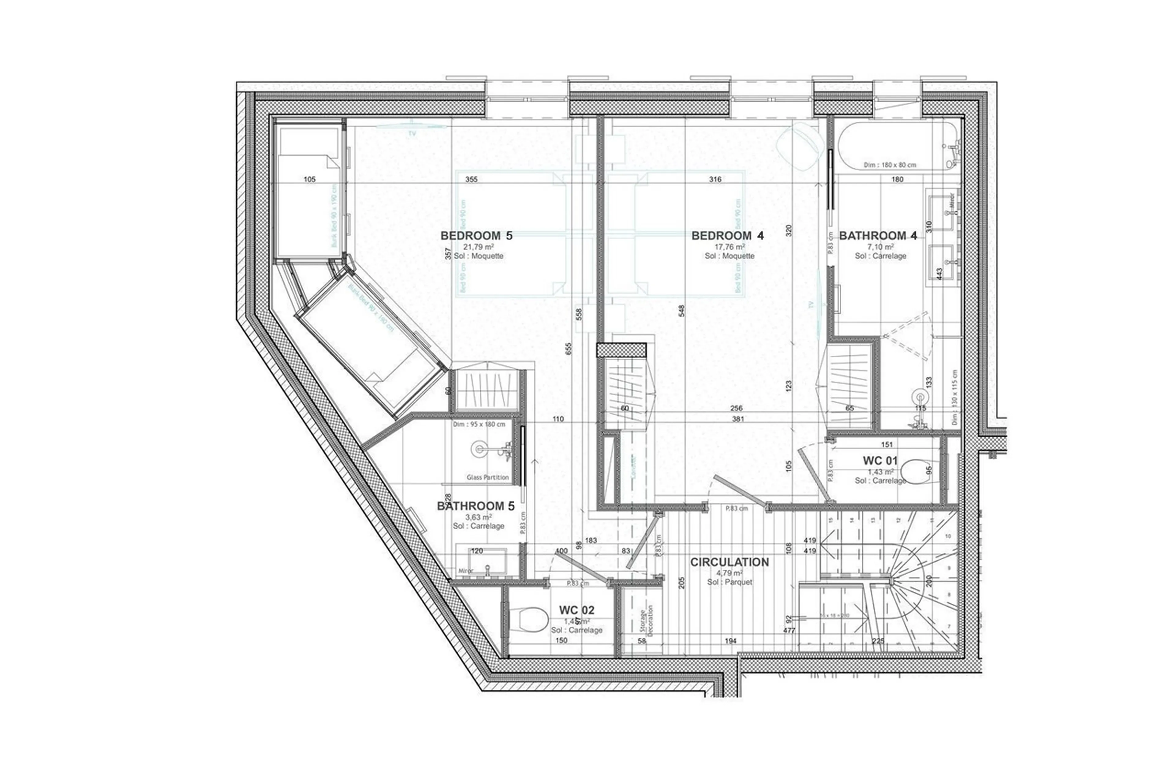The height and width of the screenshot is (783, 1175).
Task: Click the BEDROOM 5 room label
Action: click(476, 236)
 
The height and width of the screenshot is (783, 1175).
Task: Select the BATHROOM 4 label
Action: click(878, 236)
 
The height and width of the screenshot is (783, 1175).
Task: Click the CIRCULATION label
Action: click(729, 562)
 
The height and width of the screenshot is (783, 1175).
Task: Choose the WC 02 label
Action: click(576, 610)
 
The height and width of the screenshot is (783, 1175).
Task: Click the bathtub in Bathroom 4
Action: click(896, 145)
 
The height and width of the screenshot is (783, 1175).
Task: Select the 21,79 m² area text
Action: click(478, 247)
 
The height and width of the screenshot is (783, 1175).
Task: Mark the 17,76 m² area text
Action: click(729, 247)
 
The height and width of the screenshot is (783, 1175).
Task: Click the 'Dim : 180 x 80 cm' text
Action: click(890, 165)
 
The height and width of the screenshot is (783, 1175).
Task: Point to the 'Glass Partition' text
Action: click(487, 477)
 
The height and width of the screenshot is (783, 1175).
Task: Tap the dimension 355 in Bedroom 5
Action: click(471, 179)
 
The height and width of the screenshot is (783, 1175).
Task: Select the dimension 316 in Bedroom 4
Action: click(715, 179)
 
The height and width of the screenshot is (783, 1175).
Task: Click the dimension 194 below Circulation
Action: click(730, 641)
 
